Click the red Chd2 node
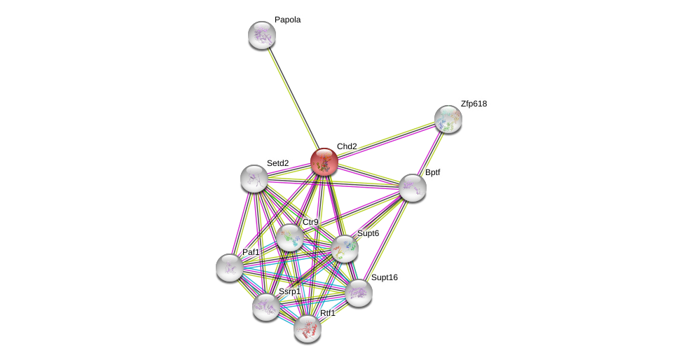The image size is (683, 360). (x=324, y=162)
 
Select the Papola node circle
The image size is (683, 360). (x=262, y=35)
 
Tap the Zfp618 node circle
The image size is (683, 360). (x=448, y=119)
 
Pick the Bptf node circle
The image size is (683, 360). (x=413, y=188)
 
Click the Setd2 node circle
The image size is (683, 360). (x=254, y=179)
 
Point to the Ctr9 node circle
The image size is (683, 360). (x=290, y=237)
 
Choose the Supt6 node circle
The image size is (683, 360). (x=344, y=249)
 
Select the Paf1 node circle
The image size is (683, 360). (x=230, y=268)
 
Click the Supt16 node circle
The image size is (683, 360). (x=358, y=293)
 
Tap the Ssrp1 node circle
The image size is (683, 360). (x=266, y=307)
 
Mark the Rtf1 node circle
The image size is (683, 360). (x=308, y=328)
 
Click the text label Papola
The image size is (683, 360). (x=287, y=20)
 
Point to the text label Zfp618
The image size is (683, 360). (x=474, y=104)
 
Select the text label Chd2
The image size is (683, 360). (x=347, y=146)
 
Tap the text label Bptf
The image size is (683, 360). (x=432, y=172)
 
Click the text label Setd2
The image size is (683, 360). (x=277, y=163)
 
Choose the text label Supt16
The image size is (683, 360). (x=384, y=277)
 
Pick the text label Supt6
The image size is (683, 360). (x=368, y=233)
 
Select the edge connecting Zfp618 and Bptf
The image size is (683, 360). (x=430, y=153)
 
